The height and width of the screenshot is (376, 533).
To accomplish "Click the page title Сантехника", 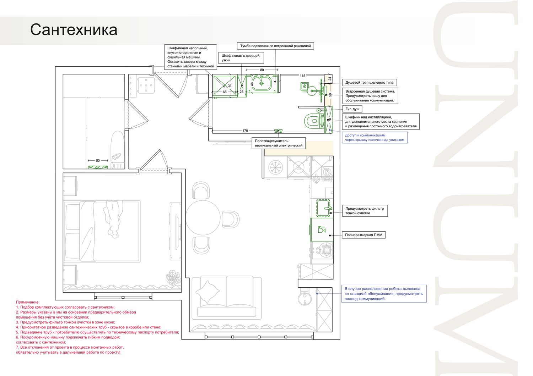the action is click(x=74, y=30).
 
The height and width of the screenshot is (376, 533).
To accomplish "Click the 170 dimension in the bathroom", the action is click(x=245, y=131).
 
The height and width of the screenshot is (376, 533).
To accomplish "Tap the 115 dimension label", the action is click(x=302, y=76).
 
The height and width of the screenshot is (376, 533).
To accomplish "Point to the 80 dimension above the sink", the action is click(x=262, y=70).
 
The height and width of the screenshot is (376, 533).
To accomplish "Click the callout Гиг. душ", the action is click(x=352, y=109).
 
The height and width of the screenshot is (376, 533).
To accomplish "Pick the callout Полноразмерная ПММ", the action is click(x=364, y=235).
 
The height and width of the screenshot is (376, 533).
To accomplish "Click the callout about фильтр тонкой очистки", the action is click(x=365, y=211).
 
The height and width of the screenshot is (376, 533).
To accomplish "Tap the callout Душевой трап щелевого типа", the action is click(x=370, y=82).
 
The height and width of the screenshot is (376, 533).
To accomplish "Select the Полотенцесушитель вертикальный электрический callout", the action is click(x=279, y=143).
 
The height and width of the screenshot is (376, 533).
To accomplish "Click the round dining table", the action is click(x=203, y=218).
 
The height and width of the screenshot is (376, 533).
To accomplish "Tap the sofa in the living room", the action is click(x=227, y=297).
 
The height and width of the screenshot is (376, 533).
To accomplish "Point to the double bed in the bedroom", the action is click(x=102, y=231).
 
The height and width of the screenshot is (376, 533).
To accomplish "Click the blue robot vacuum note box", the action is click(x=384, y=294).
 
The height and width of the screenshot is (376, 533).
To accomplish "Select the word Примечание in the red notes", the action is click(x=28, y=302).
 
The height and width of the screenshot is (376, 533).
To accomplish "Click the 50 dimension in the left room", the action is click(x=98, y=161).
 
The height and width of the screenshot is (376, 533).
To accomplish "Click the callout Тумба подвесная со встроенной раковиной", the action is click(x=275, y=46).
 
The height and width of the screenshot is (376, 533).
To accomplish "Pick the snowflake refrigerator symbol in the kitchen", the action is click(x=275, y=167).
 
